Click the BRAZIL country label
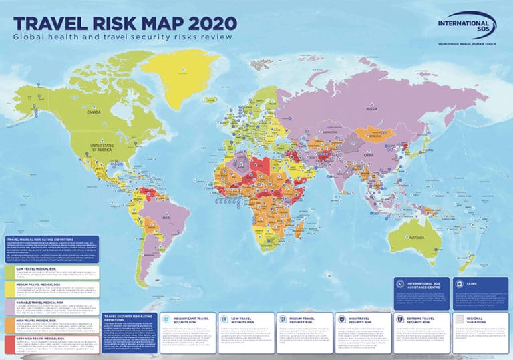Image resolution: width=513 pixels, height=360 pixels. coord(158,220)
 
